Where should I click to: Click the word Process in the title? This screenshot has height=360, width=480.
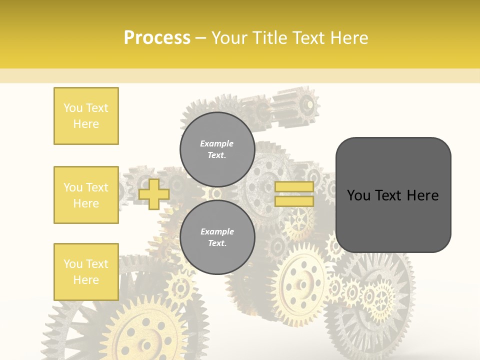click(157, 37)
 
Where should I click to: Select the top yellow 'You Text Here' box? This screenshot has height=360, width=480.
click(86, 116)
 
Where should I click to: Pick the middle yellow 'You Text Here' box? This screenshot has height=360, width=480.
click(86, 195)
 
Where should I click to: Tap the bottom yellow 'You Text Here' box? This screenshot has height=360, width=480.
click(86, 272)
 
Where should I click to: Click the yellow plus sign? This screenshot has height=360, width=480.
click(154, 194)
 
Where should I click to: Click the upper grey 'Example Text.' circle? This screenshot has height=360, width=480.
click(217, 149)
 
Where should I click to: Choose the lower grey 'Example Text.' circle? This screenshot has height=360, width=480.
click(217, 237)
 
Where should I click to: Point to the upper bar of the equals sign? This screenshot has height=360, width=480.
click(294, 187)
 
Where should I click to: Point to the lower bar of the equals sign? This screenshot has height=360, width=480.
click(294, 201)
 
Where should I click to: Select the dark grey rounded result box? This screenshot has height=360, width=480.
click(393, 195)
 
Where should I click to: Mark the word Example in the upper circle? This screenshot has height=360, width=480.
click(217, 143)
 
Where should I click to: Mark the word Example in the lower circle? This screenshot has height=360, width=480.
click(217, 231)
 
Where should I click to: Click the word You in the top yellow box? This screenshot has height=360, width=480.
click(73, 108)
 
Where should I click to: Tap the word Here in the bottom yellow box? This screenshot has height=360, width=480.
click(86, 280)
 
